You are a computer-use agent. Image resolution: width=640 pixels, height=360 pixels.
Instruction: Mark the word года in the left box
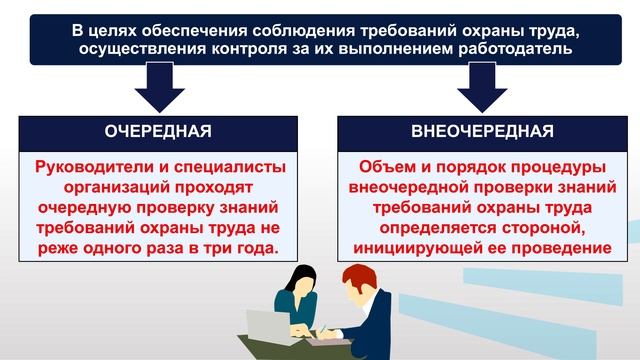click(x=251, y=247)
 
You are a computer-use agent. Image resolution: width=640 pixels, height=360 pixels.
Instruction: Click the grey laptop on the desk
click(x=266, y=324)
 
